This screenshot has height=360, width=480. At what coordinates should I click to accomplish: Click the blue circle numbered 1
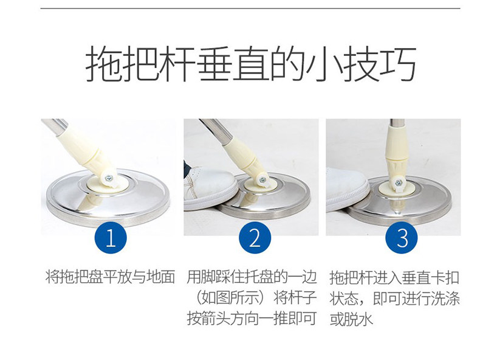pos(111,238)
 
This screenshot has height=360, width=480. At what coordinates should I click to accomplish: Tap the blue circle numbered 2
pos(255,238)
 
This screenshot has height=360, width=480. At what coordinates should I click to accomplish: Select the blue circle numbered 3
pos(402,238)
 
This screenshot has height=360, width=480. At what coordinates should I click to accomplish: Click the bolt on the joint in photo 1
pos(108,178)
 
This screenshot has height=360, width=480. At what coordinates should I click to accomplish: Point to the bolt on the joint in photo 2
pos(262,181)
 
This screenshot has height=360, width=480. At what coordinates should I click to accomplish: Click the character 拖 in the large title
pos(103,64)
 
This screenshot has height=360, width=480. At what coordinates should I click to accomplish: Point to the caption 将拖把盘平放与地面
pos(110,277)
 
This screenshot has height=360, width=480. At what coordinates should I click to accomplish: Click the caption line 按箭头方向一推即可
pos(252,319)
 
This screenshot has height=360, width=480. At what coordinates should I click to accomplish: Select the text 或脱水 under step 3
pos(351,319)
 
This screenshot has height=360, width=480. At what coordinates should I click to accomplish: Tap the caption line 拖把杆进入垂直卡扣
pos(395,277)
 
